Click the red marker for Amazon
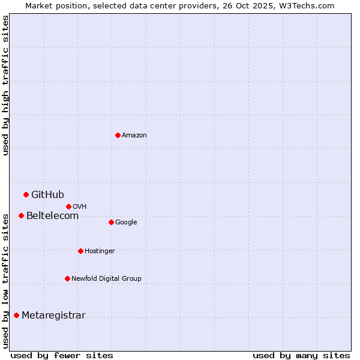118,135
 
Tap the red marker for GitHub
26,194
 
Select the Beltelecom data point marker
21,215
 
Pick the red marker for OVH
68,206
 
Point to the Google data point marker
111,222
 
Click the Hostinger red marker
80,251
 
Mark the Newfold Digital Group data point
67,278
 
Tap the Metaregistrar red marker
16,315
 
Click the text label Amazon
134,136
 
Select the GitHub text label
47,194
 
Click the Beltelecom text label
52,215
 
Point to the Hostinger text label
100,251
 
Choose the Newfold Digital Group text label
106,278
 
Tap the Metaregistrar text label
53,316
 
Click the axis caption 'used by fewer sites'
62,355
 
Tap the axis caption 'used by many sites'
301,355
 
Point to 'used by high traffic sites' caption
5,85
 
